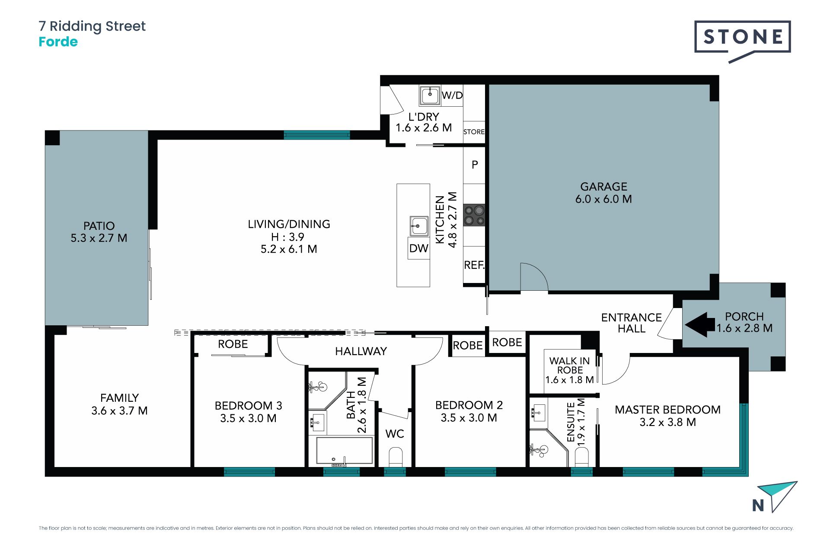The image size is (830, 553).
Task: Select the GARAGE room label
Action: pyautogui.click(x=603, y=187)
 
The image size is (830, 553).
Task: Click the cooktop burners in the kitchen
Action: pyautogui.click(x=474, y=215)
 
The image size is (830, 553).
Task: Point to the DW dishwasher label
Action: pyautogui.click(x=418, y=248)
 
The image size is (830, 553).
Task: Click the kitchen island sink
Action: pyautogui.click(x=419, y=226)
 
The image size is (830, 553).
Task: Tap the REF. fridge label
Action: pyautogui.click(x=474, y=265)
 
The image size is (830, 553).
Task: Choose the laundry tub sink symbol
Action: pyautogui.click(x=430, y=95)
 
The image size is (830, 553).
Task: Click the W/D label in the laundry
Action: pyautogui.click(x=452, y=95)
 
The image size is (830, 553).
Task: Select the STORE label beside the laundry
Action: pyautogui.click(x=474, y=132)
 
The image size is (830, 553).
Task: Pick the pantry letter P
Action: pyautogui.click(x=475, y=165)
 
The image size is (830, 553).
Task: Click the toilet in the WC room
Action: pyautogui.click(x=396, y=457)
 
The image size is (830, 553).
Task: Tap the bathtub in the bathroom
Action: pyautogui.click(x=345, y=452)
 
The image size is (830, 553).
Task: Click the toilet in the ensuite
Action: pyautogui.click(x=582, y=457)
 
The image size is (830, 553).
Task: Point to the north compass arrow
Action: pyautogui.click(x=778, y=496)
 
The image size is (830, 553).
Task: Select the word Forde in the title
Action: pyautogui.click(x=58, y=42)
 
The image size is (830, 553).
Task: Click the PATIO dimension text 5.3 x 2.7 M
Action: pyautogui.click(x=99, y=238)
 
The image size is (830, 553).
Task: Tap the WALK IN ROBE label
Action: pyautogui.click(x=569, y=365)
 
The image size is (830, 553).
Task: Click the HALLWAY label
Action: pyautogui.click(x=361, y=351)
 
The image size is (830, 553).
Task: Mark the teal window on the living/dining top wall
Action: pyautogui.click(x=317, y=135)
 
